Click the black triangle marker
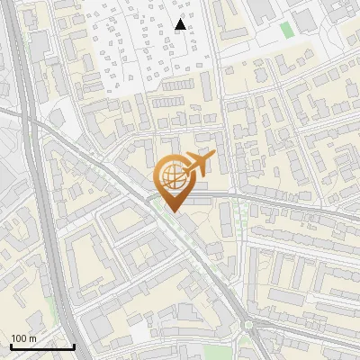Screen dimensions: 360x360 (181, 24)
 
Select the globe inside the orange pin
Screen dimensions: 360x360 (171, 176)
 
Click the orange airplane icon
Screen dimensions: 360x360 (196, 165)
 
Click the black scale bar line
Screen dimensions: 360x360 (42, 346)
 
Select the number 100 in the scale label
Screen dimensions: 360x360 (19, 338)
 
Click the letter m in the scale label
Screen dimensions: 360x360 (32, 338)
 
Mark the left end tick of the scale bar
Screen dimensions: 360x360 (11, 345)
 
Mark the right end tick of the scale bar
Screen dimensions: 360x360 (74, 345)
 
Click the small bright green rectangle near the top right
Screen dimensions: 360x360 (286, 30)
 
